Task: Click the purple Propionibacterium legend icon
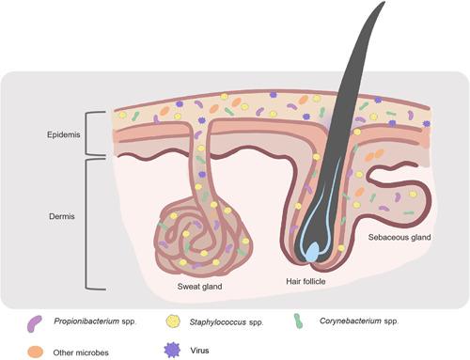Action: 35,321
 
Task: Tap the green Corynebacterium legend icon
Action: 299,321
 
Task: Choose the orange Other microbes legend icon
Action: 35,349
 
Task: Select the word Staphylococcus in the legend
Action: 222,321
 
